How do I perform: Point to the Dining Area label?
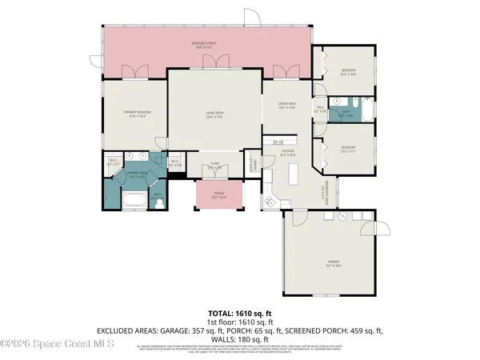tap(287, 103)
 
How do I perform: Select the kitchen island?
tap(293, 174)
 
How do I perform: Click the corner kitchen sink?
tap(270, 201)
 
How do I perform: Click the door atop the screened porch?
tap(251, 17)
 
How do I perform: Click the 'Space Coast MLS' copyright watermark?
tap(58, 344)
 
